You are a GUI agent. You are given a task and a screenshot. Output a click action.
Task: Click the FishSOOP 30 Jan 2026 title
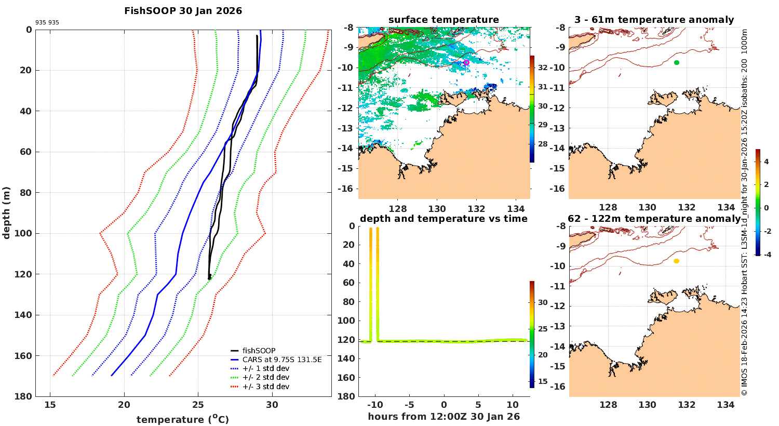183,11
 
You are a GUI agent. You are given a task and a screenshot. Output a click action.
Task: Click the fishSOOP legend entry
259,351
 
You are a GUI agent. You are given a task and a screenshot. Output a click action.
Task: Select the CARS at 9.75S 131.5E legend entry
282,360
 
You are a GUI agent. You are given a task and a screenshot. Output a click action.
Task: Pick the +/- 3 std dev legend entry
265,387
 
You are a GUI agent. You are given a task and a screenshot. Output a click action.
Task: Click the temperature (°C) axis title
183,419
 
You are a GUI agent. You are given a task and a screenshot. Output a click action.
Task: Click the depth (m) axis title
6,212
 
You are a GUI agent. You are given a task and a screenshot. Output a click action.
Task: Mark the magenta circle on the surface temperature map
466,62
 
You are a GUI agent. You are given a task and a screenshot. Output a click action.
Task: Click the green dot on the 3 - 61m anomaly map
677,62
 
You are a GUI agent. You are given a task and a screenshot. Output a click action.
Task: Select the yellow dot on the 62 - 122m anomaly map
676,261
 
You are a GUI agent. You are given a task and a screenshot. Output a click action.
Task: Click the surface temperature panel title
444,20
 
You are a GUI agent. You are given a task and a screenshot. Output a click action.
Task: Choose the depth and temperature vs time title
444,219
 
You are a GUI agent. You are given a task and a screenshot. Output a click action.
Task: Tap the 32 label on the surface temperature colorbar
543,68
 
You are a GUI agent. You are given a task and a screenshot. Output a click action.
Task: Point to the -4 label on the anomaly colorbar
766,254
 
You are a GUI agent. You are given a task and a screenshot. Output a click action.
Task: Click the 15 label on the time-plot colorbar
543,381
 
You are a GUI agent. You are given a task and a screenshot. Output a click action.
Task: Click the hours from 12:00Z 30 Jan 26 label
444,417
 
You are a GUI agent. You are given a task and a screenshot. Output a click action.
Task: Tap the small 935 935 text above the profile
47,23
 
